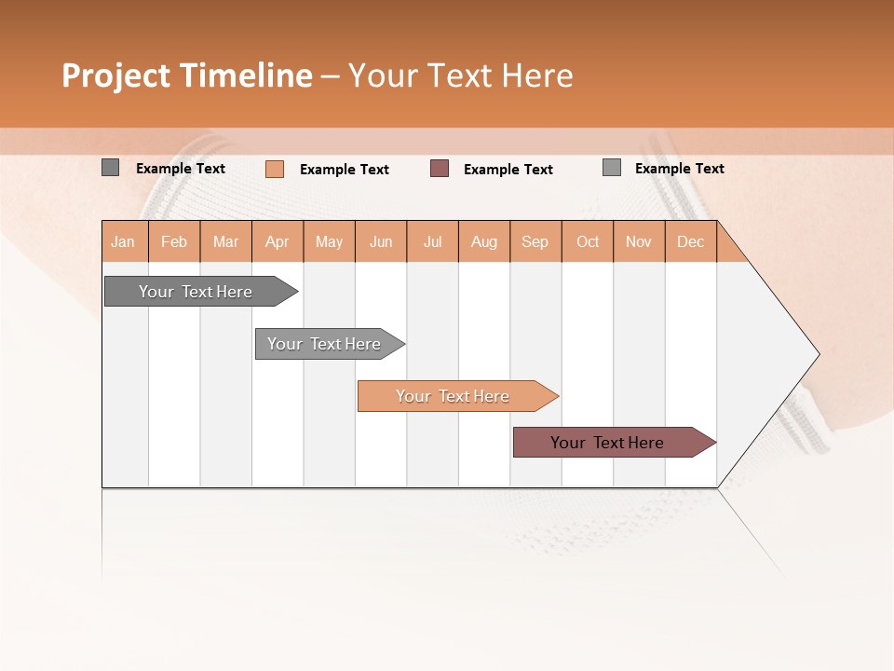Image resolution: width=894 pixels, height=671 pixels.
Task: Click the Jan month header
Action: [123, 241]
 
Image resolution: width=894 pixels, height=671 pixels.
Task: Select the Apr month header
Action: [277, 241]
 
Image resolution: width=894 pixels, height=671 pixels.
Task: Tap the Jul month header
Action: [432, 241]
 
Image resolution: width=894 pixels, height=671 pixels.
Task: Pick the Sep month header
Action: [535, 241]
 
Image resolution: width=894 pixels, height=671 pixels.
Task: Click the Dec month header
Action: [690, 241]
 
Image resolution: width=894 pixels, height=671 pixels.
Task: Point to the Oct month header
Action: [587, 241]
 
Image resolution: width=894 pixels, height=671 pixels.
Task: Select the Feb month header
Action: [174, 241]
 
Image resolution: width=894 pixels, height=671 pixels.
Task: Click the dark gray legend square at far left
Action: [110, 168]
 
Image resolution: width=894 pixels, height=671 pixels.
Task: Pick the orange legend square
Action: [274, 169]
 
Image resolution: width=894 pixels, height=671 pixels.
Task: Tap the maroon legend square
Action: [440, 169]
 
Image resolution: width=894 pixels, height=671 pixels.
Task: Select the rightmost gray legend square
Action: [611, 168]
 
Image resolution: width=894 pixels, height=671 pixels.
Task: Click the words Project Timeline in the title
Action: [187, 75]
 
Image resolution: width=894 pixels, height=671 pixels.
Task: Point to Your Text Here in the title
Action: [461, 75]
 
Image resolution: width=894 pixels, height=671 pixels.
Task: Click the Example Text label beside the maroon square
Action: [508, 170]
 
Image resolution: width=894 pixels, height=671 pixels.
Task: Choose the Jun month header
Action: [381, 241]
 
